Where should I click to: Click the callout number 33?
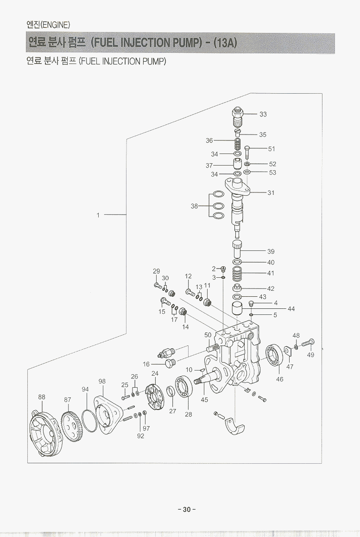[263, 114]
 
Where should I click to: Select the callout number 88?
[42, 397]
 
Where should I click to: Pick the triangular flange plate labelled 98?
[107, 414]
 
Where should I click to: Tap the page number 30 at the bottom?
[187, 509]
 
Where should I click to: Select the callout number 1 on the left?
[98, 215]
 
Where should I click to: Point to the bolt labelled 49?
[308, 344]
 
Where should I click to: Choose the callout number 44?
[291, 308]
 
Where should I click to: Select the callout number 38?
[195, 206]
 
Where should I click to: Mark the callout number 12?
[188, 276]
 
